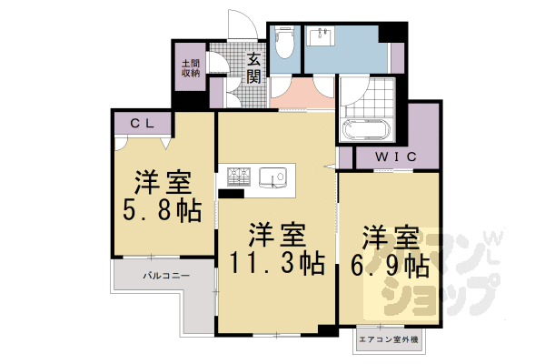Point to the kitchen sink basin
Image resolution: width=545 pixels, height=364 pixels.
point(272,177)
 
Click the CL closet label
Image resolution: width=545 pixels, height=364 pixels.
point(141,122)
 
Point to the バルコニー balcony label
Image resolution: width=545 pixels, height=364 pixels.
point(165,274)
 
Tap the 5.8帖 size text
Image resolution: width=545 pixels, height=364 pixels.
point(163,210)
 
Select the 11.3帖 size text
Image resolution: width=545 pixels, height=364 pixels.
point(275,265)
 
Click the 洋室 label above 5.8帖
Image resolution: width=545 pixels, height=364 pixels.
point(163,180)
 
